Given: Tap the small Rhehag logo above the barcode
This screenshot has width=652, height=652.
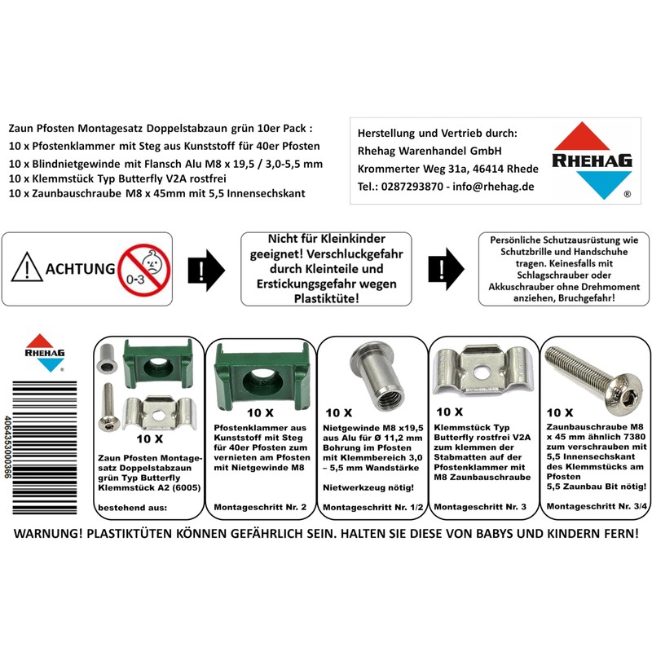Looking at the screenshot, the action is point(42,353).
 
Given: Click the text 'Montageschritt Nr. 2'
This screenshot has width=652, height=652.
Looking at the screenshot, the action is point(260,507).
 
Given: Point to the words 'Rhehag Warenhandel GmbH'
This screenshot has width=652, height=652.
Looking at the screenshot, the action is point(430,151).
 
